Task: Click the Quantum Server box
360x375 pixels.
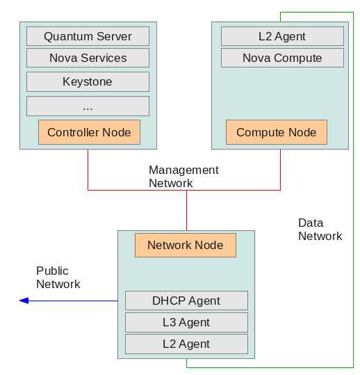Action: (88, 36)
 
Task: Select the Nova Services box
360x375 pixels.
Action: (88, 58)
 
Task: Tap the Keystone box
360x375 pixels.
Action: (88, 82)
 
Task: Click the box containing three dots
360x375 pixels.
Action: (88, 106)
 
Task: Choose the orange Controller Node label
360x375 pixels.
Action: (89, 132)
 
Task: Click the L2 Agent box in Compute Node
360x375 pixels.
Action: (282, 36)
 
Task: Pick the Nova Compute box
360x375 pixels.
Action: (282, 58)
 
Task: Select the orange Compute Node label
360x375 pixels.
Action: (277, 132)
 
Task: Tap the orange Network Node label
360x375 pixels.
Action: (186, 245)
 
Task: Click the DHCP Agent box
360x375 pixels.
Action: (186, 301)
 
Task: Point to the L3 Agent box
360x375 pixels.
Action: (186, 322)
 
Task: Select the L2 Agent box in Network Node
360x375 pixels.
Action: (186, 344)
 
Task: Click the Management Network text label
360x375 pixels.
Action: (183, 177)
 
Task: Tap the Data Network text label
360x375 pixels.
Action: (320, 230)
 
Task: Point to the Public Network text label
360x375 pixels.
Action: (58, 278)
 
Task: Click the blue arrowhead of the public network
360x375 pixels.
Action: (24, 301)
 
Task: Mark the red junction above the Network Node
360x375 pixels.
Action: (186, 191)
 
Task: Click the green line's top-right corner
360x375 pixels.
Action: (353, 13)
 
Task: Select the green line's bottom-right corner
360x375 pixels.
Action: (353, 367)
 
